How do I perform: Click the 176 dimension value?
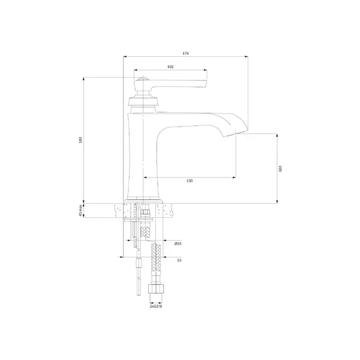click(x=186, y=54)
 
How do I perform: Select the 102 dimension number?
click(x=170, y=67)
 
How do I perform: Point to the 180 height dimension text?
click(x=80, y=140)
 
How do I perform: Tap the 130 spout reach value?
click(x=190, y=181)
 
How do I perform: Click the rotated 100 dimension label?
click(x=280, y=168)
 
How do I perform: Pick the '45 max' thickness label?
click(x=80, y=210)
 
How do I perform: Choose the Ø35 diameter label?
click(x=178, y=244)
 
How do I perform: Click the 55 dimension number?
click(x=179, y=260)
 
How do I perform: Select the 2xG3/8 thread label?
click(x=156, y=306)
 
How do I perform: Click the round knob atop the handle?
click(x=143, y=79)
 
